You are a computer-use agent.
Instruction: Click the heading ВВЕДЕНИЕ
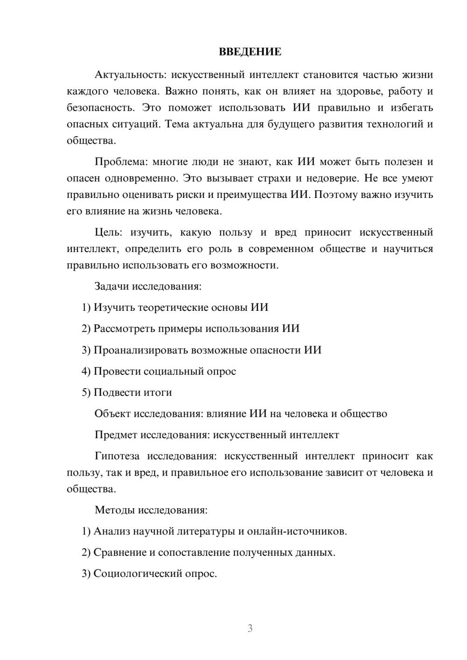click(250, 52)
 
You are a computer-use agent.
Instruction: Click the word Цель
click(107, 232)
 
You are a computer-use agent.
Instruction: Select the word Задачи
click(112, 286)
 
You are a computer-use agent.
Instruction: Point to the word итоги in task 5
click(157, 393)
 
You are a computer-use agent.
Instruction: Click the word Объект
click(113, 414)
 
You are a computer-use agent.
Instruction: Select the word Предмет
click(116, 435)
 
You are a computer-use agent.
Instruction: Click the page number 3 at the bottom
click(250, 628)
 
